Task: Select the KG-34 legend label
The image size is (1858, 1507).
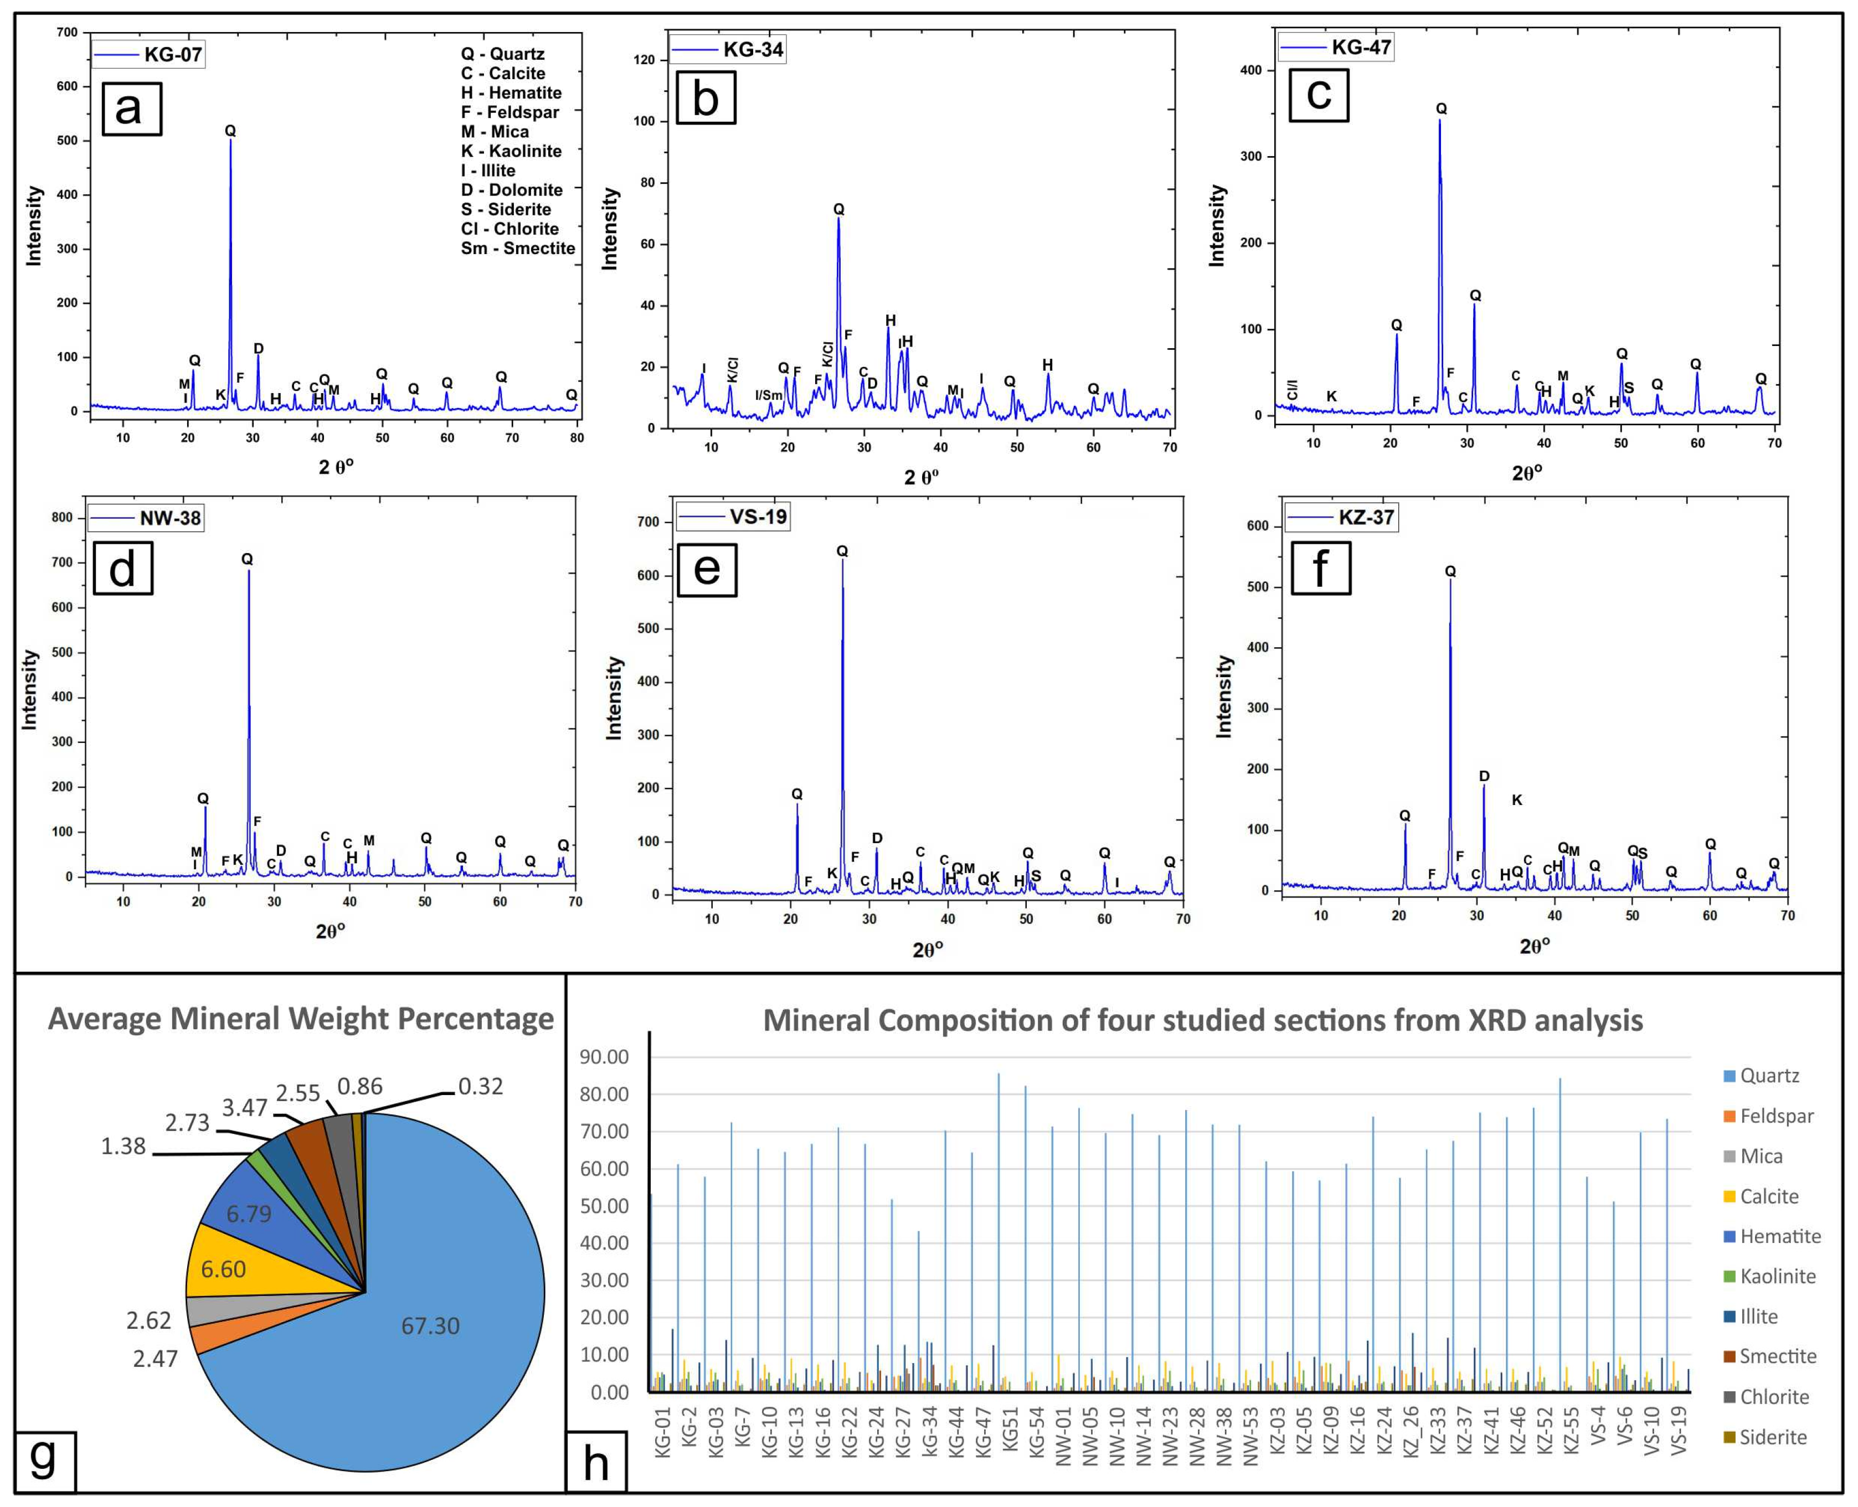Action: [753, 49]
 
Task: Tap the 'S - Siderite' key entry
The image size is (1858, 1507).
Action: [505, 209]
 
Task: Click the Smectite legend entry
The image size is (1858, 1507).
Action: [1777, 1356]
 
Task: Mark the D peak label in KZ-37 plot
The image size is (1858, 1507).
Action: [1484, 776]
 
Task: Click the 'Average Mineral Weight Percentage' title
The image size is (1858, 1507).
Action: [300, 1018]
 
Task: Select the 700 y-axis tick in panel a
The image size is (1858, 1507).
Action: [67, 32]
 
